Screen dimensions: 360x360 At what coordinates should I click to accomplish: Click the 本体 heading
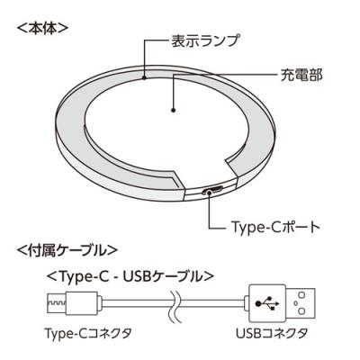43,29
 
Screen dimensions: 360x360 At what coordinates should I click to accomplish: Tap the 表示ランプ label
205,40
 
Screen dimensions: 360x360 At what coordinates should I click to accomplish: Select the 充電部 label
301,76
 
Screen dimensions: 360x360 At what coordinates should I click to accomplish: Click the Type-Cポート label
275,227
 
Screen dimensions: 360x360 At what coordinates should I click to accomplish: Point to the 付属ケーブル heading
67,250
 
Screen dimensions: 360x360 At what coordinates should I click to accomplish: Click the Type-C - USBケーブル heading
130,276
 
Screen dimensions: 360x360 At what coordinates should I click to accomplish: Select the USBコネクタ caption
272,334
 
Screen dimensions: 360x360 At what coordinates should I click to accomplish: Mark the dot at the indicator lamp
144,77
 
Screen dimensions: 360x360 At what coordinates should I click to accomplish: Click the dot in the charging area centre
173,111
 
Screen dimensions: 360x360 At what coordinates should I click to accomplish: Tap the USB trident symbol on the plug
267,303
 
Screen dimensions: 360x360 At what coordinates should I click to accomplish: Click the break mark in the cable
174,304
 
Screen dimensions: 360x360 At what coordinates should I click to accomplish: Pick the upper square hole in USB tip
301,295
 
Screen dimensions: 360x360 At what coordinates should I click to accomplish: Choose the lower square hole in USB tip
301,311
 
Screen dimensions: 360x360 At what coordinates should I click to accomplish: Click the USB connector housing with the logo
267,303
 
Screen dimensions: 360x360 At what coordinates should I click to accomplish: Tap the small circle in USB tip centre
295,303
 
